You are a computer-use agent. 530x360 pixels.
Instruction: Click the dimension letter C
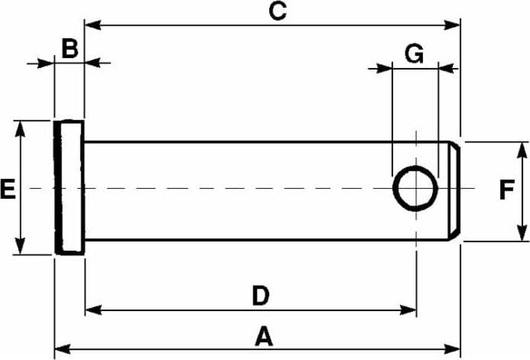(278, 11)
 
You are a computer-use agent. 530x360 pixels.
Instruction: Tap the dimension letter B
(70, 48)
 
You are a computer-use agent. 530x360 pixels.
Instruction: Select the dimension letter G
(414, 54)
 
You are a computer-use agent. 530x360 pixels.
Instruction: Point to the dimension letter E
(8, 189)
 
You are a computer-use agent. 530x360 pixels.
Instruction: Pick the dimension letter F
(507, 190)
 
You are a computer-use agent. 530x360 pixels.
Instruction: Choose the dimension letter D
(261, 296)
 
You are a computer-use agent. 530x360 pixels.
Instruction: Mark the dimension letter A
(264, 336)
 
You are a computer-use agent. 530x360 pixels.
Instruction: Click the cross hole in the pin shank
(415, 189)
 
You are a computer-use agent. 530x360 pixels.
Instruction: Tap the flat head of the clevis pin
(70, 187)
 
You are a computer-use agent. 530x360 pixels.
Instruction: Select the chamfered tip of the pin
(454, 191)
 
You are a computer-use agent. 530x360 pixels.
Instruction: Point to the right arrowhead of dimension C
(452, 25)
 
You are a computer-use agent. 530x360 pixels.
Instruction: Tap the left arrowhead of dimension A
(63, 349)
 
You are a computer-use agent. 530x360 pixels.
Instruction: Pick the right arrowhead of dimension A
(452, 349)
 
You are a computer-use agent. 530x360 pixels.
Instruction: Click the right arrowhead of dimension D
(408, 310)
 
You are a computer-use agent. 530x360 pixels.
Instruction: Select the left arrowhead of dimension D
(93, 310)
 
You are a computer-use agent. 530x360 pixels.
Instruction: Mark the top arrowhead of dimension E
(21, 129)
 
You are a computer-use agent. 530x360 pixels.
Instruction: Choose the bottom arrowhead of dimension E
(21, 246)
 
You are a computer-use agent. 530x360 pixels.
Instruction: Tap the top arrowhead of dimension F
(522, 151)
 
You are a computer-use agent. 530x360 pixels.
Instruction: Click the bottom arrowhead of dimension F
(522, 233)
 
